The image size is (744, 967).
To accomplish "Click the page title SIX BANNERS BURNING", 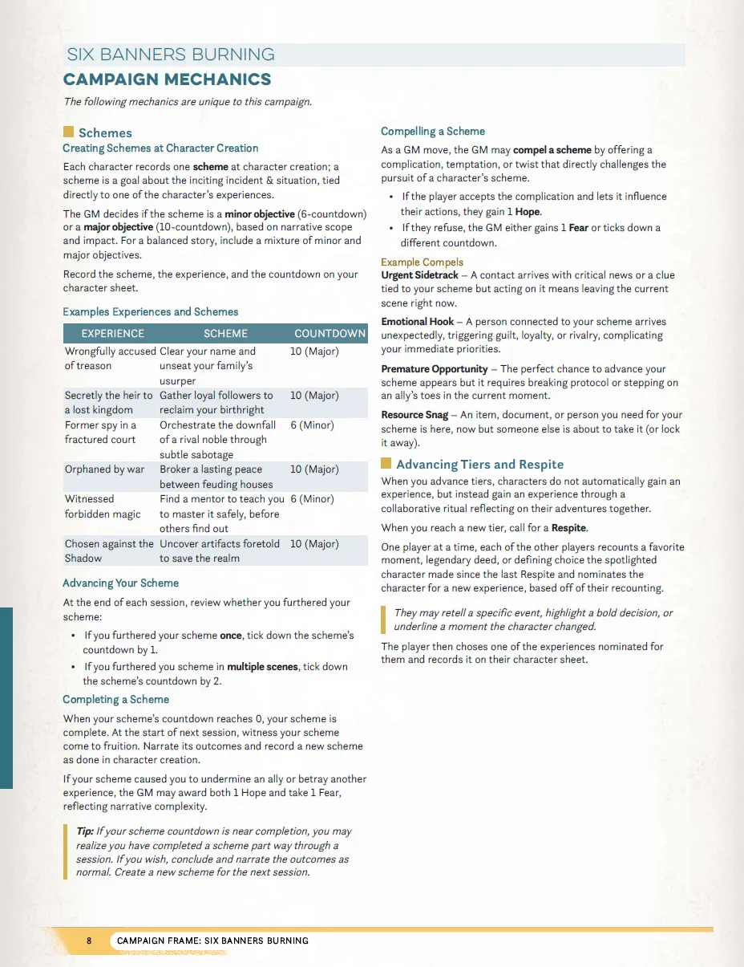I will [171, 55].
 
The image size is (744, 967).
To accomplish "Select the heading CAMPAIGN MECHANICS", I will [168, 79].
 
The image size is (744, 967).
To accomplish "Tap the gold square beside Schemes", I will [68, 132].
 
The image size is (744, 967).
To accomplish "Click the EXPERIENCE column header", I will [113, 333].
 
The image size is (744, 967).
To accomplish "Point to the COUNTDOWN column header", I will [330, 333].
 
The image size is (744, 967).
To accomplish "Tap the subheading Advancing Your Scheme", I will [120, 583].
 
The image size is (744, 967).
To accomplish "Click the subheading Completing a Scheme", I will [115, 699].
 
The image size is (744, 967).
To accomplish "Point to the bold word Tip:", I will [84, 831].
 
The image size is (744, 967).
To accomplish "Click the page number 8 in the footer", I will [90, 941].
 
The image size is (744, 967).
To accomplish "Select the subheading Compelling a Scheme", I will [433, 131].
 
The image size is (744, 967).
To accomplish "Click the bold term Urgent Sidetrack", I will [420, 275].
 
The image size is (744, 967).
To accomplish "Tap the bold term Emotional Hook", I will [418, 322].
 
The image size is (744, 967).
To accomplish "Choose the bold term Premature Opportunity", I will [435, 368].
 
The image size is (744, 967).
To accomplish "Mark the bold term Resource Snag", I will [414, 415].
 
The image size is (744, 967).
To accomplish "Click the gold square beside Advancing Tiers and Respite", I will [386, 463].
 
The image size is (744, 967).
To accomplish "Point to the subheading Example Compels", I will [422, 262].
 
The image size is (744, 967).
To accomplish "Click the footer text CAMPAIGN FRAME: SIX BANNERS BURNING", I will [212, 941].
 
